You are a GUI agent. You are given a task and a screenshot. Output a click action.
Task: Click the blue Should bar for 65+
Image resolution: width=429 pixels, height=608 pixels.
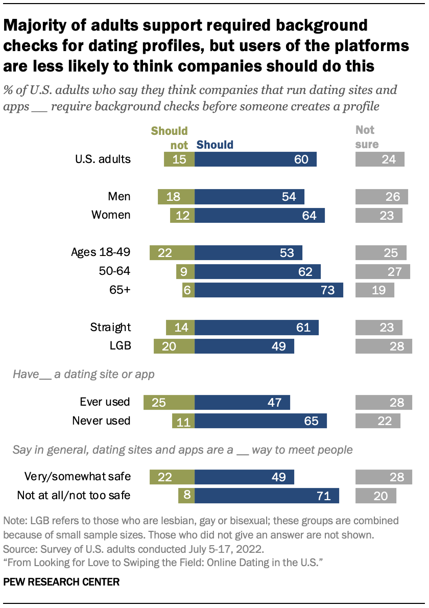269,290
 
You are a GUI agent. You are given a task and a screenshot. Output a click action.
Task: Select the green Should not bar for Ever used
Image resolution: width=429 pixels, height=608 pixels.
169,402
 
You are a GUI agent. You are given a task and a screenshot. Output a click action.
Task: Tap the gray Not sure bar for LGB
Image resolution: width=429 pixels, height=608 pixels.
384,346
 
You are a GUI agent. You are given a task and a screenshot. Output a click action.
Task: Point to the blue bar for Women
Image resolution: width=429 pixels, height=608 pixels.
259,215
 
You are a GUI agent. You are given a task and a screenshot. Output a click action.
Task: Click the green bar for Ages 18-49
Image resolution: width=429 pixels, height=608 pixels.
172,252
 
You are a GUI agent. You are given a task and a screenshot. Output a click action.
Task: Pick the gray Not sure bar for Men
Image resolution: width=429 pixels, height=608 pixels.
382,197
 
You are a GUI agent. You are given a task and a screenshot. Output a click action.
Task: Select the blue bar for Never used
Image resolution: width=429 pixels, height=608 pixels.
260,420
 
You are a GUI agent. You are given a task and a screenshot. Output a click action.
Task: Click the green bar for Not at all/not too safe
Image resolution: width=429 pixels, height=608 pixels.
186,495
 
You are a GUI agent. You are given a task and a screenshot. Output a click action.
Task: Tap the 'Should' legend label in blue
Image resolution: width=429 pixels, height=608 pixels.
215,145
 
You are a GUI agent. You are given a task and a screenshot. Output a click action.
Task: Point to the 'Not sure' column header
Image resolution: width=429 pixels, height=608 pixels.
367,137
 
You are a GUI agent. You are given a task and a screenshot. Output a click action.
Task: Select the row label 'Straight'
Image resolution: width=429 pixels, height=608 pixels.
110,327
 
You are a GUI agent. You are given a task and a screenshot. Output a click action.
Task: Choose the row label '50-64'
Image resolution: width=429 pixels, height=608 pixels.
115,271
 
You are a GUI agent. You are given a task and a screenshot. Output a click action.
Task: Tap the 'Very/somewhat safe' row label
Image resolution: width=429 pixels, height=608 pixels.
78,477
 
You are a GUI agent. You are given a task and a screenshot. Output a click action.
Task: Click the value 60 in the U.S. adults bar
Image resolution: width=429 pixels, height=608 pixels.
301,159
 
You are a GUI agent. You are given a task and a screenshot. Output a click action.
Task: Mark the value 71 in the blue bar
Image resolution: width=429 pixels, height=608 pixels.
324,495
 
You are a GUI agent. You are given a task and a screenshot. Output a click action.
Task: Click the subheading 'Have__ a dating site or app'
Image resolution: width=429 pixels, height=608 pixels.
84,375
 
